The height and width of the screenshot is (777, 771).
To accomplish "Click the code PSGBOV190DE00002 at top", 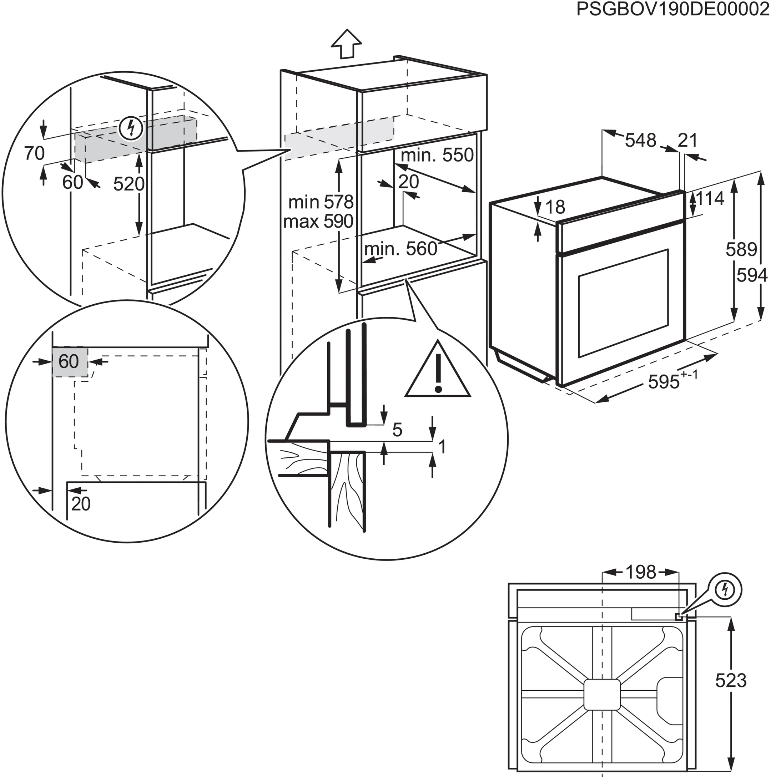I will pyautogui.click(x=672, y=9).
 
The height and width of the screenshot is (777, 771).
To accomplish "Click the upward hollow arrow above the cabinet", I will pyautogui.click(x=346, y=44).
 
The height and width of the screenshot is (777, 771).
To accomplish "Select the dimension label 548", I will pyautogui.click(x=640, y=140).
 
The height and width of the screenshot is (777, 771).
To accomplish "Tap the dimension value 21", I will pyautogui.click(x=687, y=140).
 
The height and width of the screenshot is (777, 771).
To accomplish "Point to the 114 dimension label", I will pyautogui.click(x=710, y=199).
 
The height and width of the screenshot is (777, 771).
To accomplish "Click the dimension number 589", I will pyautogui.click(x=741, y=249).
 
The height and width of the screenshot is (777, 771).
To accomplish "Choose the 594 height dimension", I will pyautogui.click(x=752, y=275).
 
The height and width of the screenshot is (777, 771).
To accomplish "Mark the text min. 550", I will pyautogui.click(x=437, y=155).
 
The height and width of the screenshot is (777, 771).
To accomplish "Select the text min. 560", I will pyautogui.click(x=400, y=249).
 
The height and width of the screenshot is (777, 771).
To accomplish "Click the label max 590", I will pyautogui.click(x=318, y=221).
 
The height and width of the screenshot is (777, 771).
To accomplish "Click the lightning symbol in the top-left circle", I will pyautogui.click(x=131, y=128).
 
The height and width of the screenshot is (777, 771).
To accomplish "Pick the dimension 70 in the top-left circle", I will pyautogui.click(x=34, y=153).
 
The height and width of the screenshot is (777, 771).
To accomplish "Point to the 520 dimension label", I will pyautogui.click(x=128, y=184).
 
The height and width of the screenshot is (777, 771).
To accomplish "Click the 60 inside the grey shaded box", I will pyautogui.click(x=69, y=361).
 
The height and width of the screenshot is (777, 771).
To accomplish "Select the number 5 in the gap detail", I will pyautogui.click(x=397, y=430).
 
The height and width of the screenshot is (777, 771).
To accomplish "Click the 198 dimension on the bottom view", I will pyautogui.click(x=641, y=572).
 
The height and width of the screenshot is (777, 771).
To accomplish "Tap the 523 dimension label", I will pyautogui.click(x=731, y=680).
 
